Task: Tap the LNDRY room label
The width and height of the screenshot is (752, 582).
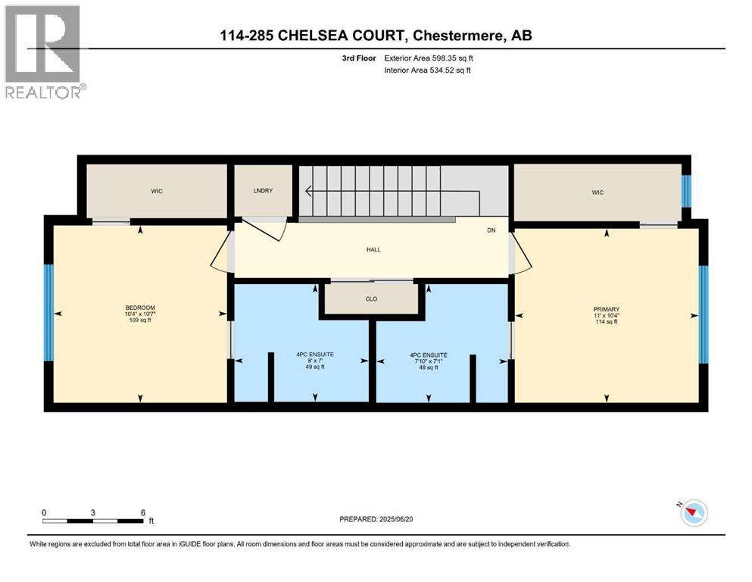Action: click(263, 191)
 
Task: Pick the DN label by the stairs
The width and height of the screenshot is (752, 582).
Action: click(491, 230)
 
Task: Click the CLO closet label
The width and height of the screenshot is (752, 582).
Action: click(371, 299)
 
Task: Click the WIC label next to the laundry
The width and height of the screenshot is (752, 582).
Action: click(157, 191)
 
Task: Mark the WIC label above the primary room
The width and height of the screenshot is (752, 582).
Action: click(598, 192)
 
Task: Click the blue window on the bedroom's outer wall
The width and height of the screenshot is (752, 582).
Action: click(48, 312)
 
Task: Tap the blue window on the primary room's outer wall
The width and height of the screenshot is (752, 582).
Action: click(703, 314)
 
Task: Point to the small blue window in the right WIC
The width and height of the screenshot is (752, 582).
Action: click(686, 192)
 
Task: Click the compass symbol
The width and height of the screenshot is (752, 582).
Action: click(693, 513)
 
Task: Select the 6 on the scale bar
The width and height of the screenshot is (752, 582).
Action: click(142, 512)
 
